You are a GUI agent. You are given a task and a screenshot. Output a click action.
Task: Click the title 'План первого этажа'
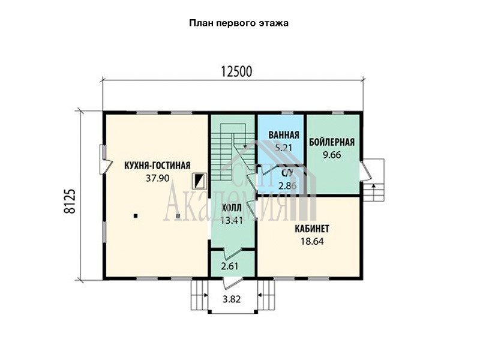[x=238, y=23]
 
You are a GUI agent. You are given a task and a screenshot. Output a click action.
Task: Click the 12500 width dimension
[x=236, y=71]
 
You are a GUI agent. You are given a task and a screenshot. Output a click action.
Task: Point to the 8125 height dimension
[x=70, y=201]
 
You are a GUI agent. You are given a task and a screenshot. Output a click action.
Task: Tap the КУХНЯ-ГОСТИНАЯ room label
[x=157, y=166]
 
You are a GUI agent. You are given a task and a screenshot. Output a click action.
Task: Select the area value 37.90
[x=157, y=178]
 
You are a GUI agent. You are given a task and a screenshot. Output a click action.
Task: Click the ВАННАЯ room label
[x=284, y=135]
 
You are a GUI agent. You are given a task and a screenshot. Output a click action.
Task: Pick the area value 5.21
[x=283, y=148]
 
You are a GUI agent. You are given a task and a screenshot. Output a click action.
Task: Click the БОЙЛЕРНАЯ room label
[x=332, y=142]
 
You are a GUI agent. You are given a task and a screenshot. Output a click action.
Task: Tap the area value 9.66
[x=332, y=155]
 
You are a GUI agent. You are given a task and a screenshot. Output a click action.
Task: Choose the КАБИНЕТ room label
[x=312, y=229]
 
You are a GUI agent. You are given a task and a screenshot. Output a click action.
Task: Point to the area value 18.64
[x=312, y=242]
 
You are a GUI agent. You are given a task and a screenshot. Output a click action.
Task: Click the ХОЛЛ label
[x=232, y=208]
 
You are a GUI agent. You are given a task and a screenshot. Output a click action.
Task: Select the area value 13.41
[x=232, y=220]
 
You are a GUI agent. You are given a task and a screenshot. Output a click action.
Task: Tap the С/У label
[x=287, y=173]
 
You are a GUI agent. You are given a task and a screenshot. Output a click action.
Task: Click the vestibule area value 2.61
[x=230, y=266]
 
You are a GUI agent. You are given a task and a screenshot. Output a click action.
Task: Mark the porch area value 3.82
[x=232, y=299]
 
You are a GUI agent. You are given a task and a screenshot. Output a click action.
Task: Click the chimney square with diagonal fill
[x=199, y=181]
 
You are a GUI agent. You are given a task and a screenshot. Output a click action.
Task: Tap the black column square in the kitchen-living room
[x=136, y=216]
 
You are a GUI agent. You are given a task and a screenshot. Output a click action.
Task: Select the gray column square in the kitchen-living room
[x=178, y=216]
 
